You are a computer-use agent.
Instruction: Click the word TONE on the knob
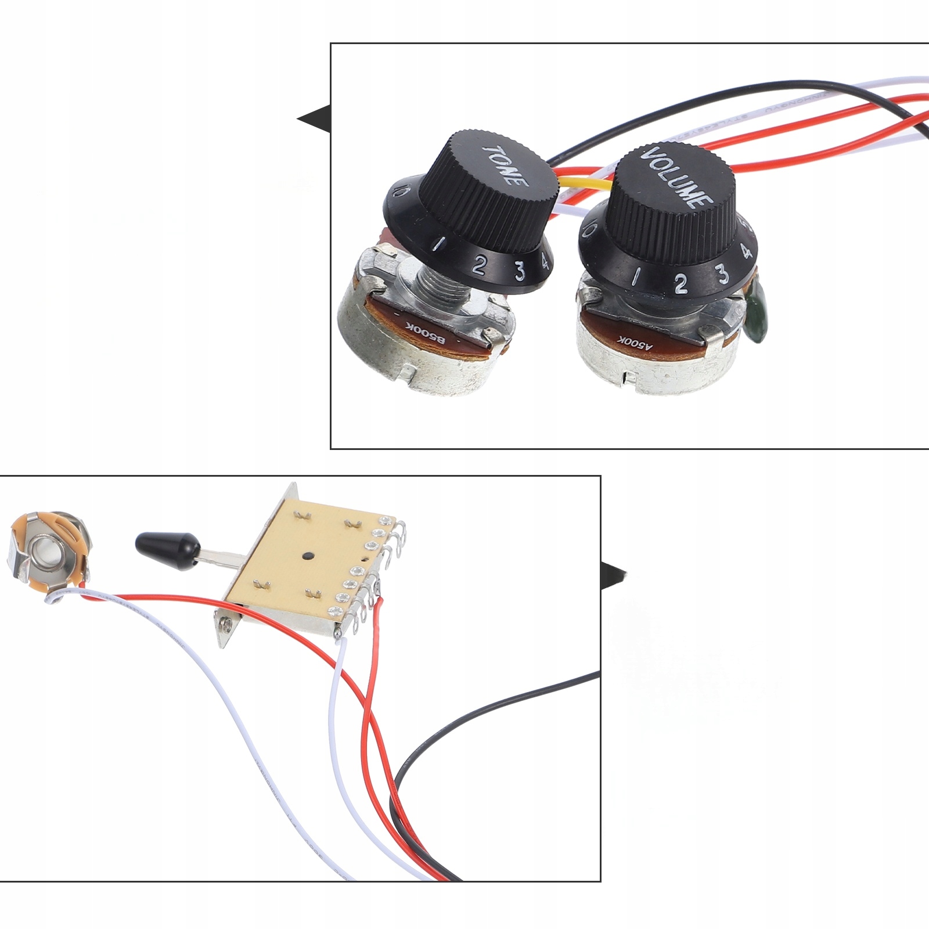click(x=505, y=165)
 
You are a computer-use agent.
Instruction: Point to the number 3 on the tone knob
click(x=520, y=271)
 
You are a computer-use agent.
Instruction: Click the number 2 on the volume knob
click(x=680, y=283)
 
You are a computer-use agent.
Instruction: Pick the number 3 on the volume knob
click(x=722, y=273)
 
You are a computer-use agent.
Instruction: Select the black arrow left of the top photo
click(x=314, y=119)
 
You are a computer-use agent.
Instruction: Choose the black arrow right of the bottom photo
click(x=613, y=575)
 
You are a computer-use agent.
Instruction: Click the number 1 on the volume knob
click(x=637, y=276)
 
